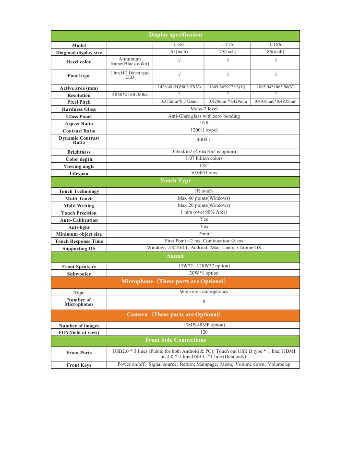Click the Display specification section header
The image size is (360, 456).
click(x=175, y=35)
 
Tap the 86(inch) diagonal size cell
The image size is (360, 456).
click(x=275, y=52)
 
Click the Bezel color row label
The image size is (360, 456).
click(x=79, y=62)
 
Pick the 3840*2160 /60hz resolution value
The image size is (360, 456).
click(x=129, y=95)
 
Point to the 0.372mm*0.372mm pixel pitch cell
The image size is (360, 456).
click(x=179, y=102)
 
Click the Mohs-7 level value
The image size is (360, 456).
click(x=204, y=109)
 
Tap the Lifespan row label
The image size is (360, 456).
click(x=79, y=173)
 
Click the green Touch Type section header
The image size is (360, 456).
click(x=175, y=181)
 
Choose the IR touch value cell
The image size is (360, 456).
click(x=204, y=191)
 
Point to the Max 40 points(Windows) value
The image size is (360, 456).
click(x=204, y=198)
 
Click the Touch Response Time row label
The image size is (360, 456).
click(x=79, y=241)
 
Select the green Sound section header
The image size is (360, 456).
click(x=175, y=256)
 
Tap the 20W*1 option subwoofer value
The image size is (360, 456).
click(x=204, y=273)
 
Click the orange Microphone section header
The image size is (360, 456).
click(x=175, y=281)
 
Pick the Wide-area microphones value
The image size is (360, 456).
click(x=204, y=292)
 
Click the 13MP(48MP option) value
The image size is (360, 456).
click(x=204, y=325)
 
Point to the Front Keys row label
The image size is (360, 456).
click(x=79, y=365)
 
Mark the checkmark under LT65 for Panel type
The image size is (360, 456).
click(x=179, y=75)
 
